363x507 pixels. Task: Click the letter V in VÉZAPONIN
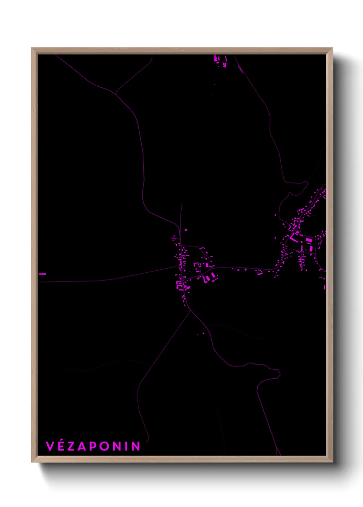pos(50,446)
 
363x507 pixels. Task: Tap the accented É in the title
pos(61,446)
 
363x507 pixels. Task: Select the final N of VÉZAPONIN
pos(136,446)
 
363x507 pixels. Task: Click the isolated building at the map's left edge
pos(42,274)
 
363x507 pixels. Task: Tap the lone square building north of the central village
pos(186,230)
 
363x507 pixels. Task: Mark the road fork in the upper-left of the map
pos(116,93)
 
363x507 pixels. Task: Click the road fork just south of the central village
pos(190,311)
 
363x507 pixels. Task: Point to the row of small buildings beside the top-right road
pos(240,69)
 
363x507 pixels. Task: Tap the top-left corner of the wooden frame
pos(32,48)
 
